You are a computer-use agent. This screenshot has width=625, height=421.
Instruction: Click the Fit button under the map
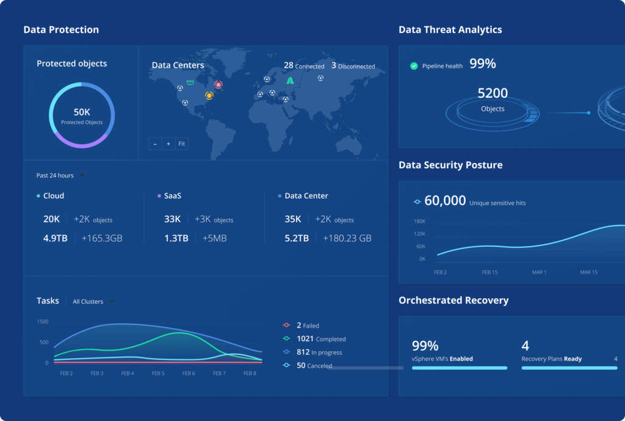(182, 144)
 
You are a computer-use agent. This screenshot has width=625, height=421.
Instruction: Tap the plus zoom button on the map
(168, 144)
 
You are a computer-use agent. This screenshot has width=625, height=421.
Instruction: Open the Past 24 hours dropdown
(60, 175)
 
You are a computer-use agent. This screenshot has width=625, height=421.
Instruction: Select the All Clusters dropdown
(93, 301)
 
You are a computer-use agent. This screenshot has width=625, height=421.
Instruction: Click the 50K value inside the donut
(82, 112)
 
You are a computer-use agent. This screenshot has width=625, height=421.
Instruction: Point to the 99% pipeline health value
(482, 64)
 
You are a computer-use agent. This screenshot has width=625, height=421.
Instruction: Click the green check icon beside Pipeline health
(414, 66)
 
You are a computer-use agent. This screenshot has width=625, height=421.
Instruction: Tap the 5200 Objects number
(493, 93)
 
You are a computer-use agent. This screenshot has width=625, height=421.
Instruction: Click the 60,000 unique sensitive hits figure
(445, 201)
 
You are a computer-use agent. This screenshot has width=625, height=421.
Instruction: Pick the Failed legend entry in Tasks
(307, 326)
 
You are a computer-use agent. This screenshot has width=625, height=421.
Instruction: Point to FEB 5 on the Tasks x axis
(158, 373)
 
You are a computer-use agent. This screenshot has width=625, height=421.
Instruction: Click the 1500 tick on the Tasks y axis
(43, 321)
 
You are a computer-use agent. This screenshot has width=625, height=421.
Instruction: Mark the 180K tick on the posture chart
(419, 221)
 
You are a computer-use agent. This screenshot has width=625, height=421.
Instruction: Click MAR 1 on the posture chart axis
(539, 272)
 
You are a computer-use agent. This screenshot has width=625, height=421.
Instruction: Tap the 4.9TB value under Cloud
(55, 238)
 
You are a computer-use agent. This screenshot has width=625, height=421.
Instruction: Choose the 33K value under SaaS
(173, 219)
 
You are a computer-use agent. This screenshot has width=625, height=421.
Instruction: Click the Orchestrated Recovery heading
(453, 301)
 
